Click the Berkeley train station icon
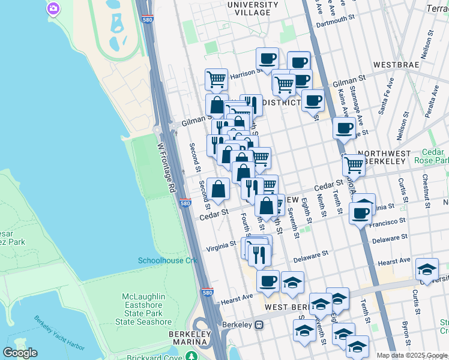tap(259, 325)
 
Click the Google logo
tap(20, 353)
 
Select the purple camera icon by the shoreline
tap(53, 8)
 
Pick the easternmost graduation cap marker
tap(427, 268)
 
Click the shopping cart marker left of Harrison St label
tap(216, 78)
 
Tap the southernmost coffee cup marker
tap(268, 280)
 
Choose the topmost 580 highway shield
tap(147, 20)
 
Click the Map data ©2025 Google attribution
tap(411, 355)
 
